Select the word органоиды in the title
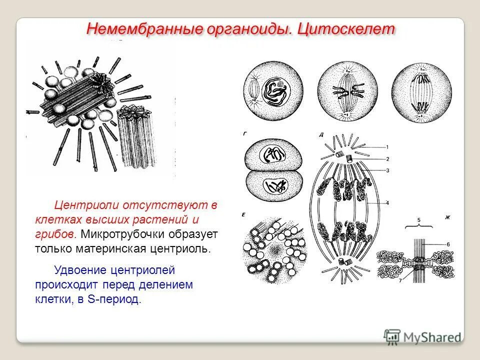(x=246, y=28)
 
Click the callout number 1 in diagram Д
(x=386, y=147)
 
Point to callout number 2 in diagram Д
(x=386, y=159)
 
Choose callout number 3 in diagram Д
(x=386, y=170)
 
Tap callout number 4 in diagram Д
(x=386, y=203)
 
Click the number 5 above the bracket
(x=419, y=219)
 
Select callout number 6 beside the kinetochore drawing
(x=448, y=243)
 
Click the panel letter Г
(x=244, y=133)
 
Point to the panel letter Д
(x=320, y=134)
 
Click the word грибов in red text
(x=55, y=234)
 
